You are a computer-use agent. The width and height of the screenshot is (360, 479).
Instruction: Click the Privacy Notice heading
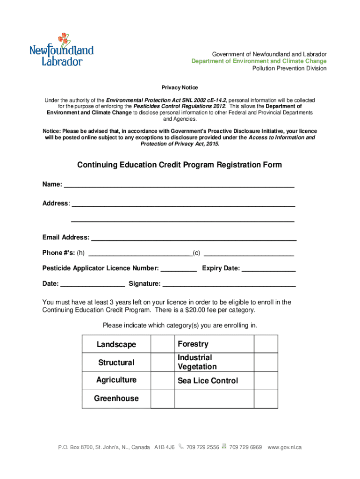tap(180, 87)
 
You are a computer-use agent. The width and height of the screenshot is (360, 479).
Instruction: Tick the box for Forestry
tap(266, 344)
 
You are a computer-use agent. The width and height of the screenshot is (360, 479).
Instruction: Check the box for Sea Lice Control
tap(266, 381)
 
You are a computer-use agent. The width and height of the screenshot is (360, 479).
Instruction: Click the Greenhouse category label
tap(116, 399)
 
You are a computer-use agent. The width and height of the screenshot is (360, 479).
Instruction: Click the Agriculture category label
tap(116, 380)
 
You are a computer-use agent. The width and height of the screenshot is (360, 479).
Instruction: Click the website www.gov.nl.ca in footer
tap(284, 447)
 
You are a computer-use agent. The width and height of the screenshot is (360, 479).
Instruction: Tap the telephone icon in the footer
tap(181, 447)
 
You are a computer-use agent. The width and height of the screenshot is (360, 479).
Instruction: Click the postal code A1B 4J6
tap(164, 447)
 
